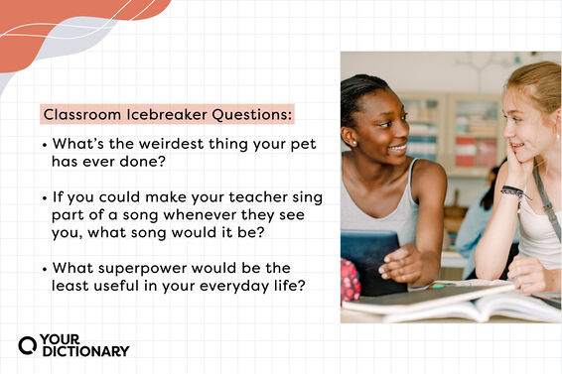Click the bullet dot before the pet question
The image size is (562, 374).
(x=45, y=145)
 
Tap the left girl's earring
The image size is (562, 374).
(x=353, y=142)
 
